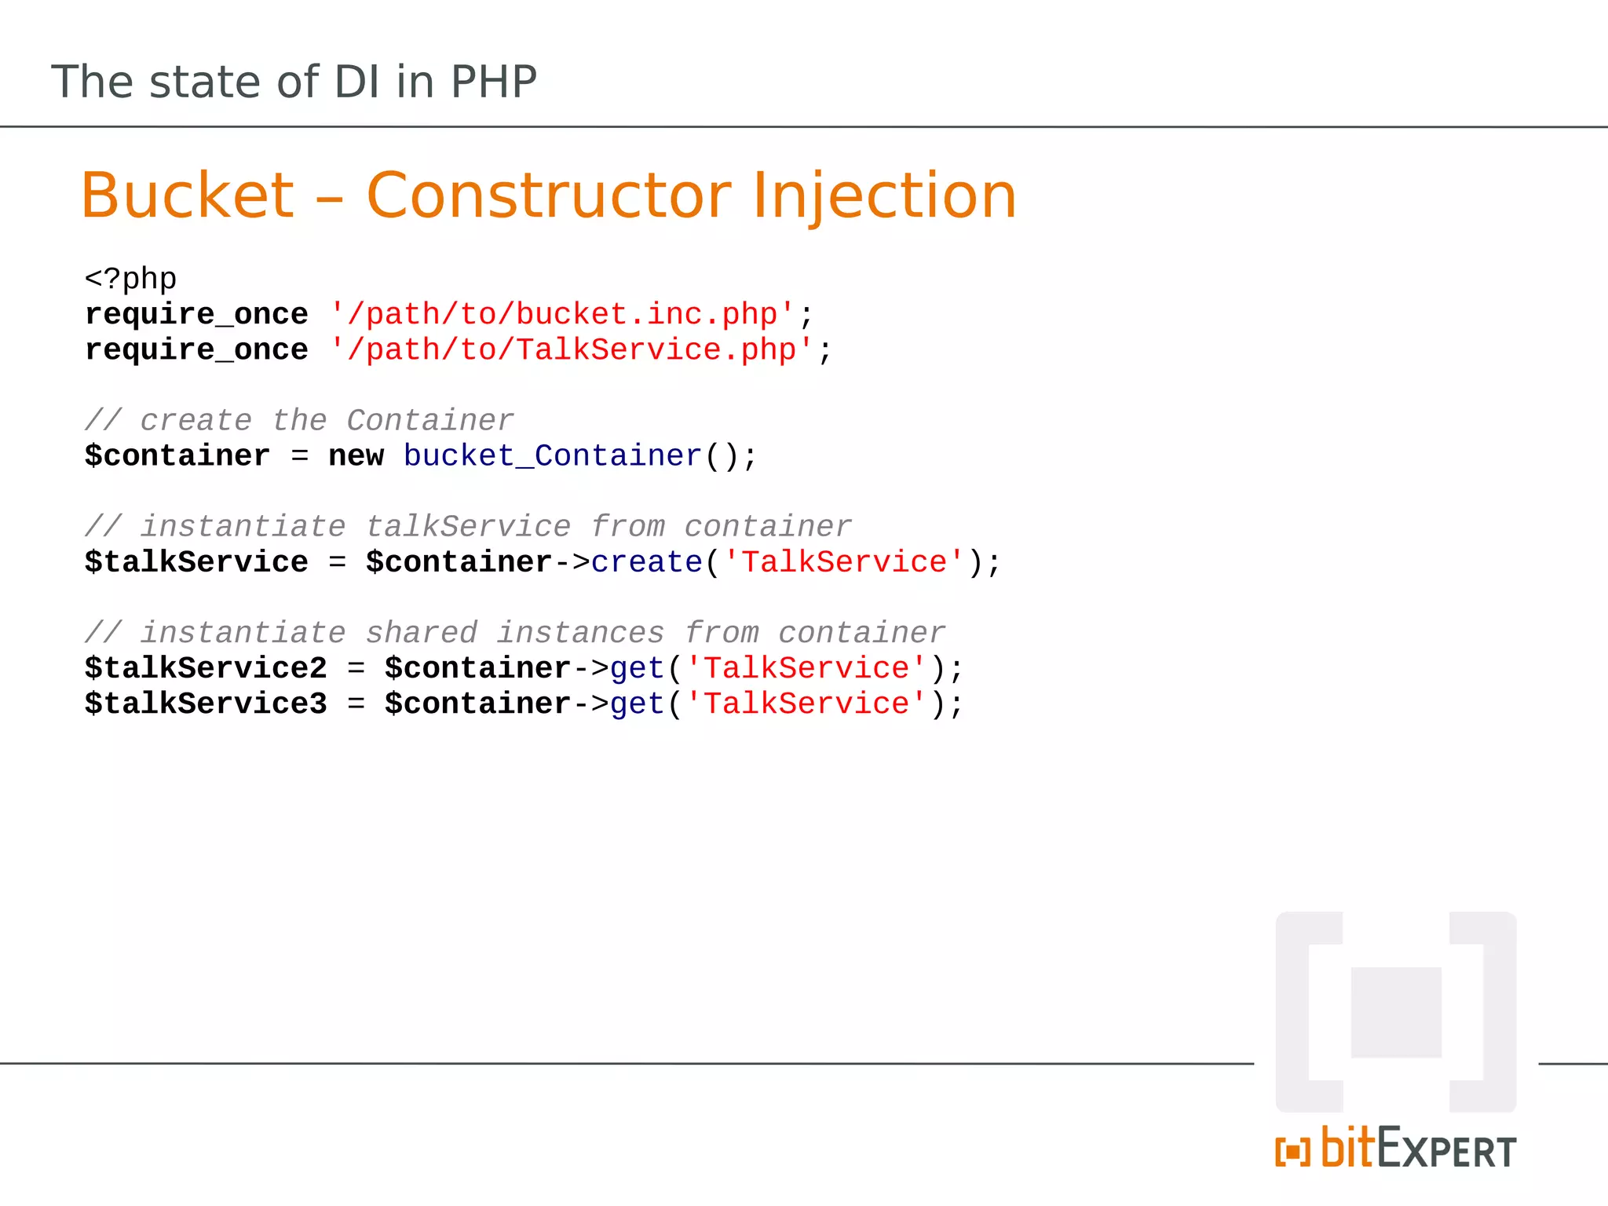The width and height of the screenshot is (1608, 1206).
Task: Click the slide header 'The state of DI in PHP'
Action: tap(294, 82)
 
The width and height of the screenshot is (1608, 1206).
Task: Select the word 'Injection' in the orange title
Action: tap(884, 196)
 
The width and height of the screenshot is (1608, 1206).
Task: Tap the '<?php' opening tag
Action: tap(130, 279)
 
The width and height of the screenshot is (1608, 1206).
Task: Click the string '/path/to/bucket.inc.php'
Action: tap(562, 314)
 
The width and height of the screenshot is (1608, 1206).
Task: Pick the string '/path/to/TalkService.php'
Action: tap(572, 349)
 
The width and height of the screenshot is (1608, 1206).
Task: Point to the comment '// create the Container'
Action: tap(299, 421)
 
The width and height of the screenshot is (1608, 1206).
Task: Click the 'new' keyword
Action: tap(356, 456)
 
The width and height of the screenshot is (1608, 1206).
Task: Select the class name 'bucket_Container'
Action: tap(552, 456)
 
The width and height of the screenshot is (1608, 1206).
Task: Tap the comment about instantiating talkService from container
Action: tap(468, 527)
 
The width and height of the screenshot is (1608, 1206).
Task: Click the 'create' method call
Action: tap(646, 562)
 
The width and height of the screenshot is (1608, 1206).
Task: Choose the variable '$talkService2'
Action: tap(206, 668)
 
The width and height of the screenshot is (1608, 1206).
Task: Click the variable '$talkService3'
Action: tap(206, 703)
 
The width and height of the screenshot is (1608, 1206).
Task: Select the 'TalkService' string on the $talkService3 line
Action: tap(806, 703)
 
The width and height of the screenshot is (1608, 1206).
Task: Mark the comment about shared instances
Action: tap(515, 633)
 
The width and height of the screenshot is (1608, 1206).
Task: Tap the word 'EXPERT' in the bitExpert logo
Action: tap(1446, 1151)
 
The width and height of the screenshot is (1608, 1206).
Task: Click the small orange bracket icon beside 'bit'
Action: tap(1292, 1152)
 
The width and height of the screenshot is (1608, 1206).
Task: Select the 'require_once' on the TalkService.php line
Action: tap(196, 349)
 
